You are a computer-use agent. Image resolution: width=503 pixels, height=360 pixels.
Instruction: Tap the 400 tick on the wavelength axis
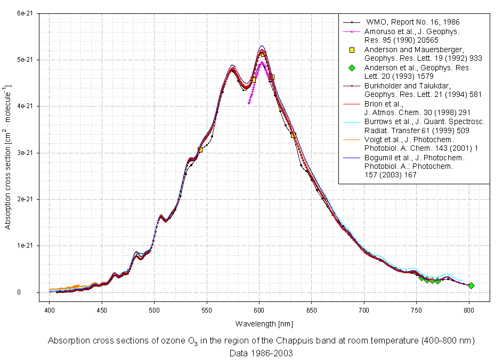(x=49, y=309)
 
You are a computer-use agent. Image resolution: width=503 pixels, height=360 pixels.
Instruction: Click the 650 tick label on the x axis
(x=312, y=309)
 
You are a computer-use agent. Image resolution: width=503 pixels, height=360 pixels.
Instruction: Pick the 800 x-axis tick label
(x=469, y=309)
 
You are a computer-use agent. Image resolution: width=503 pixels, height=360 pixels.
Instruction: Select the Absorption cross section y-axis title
(x=8, y=154)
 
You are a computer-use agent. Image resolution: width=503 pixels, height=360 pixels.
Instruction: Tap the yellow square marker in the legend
(x=352, y=50)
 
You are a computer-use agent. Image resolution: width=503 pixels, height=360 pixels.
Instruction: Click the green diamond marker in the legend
(x=352, y=68)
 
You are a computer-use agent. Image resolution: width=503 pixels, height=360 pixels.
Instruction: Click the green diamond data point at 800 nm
(x=471, y=286)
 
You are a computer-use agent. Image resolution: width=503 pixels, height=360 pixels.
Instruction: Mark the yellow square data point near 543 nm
(x=200, y=150)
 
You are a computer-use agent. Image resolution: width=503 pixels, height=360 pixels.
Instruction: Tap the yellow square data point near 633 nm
(x=294, y=135)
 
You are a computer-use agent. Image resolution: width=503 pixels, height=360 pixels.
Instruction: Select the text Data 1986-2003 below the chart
(x=261, y=353)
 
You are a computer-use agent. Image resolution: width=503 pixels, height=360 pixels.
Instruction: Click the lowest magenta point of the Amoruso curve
(x=249, y=103)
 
